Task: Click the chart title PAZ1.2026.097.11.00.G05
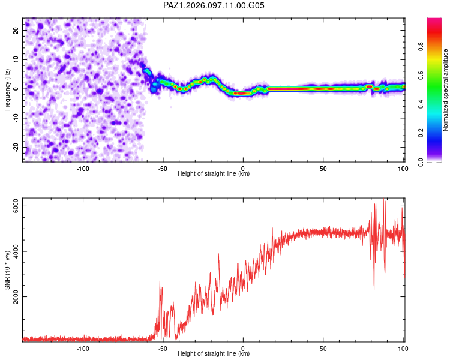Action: click(x=214, y=5)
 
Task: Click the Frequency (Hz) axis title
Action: click(x=7, y=90)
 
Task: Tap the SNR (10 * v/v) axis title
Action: click(x=7, y=270)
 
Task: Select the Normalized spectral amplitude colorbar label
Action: click(x=445, y=90)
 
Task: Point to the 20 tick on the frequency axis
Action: click(x=16, y=30)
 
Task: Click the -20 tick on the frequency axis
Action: click(x=16, y=148)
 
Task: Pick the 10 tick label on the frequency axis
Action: click(x=16, y=59)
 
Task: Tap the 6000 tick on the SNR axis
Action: click(x=16, y=206)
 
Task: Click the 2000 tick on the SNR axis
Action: click(x=16, y=296)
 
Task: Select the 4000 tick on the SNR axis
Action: click(x=16, y=251)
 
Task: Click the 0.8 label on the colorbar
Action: click(x=421, y=47)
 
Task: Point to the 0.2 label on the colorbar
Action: click(x=421, y=133)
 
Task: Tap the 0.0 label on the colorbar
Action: click(x=421, y=162)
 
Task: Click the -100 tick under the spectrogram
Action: click(x=83, y=169)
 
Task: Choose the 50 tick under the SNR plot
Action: click(x=323, y=349)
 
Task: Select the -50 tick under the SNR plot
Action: click(x=163, y=349)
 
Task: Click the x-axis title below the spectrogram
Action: click(x=214, y=173)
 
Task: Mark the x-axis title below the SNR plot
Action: click(x=214, y=353)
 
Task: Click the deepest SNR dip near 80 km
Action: click(x=374, y=289)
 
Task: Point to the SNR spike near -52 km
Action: click(x=160, y=281)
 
